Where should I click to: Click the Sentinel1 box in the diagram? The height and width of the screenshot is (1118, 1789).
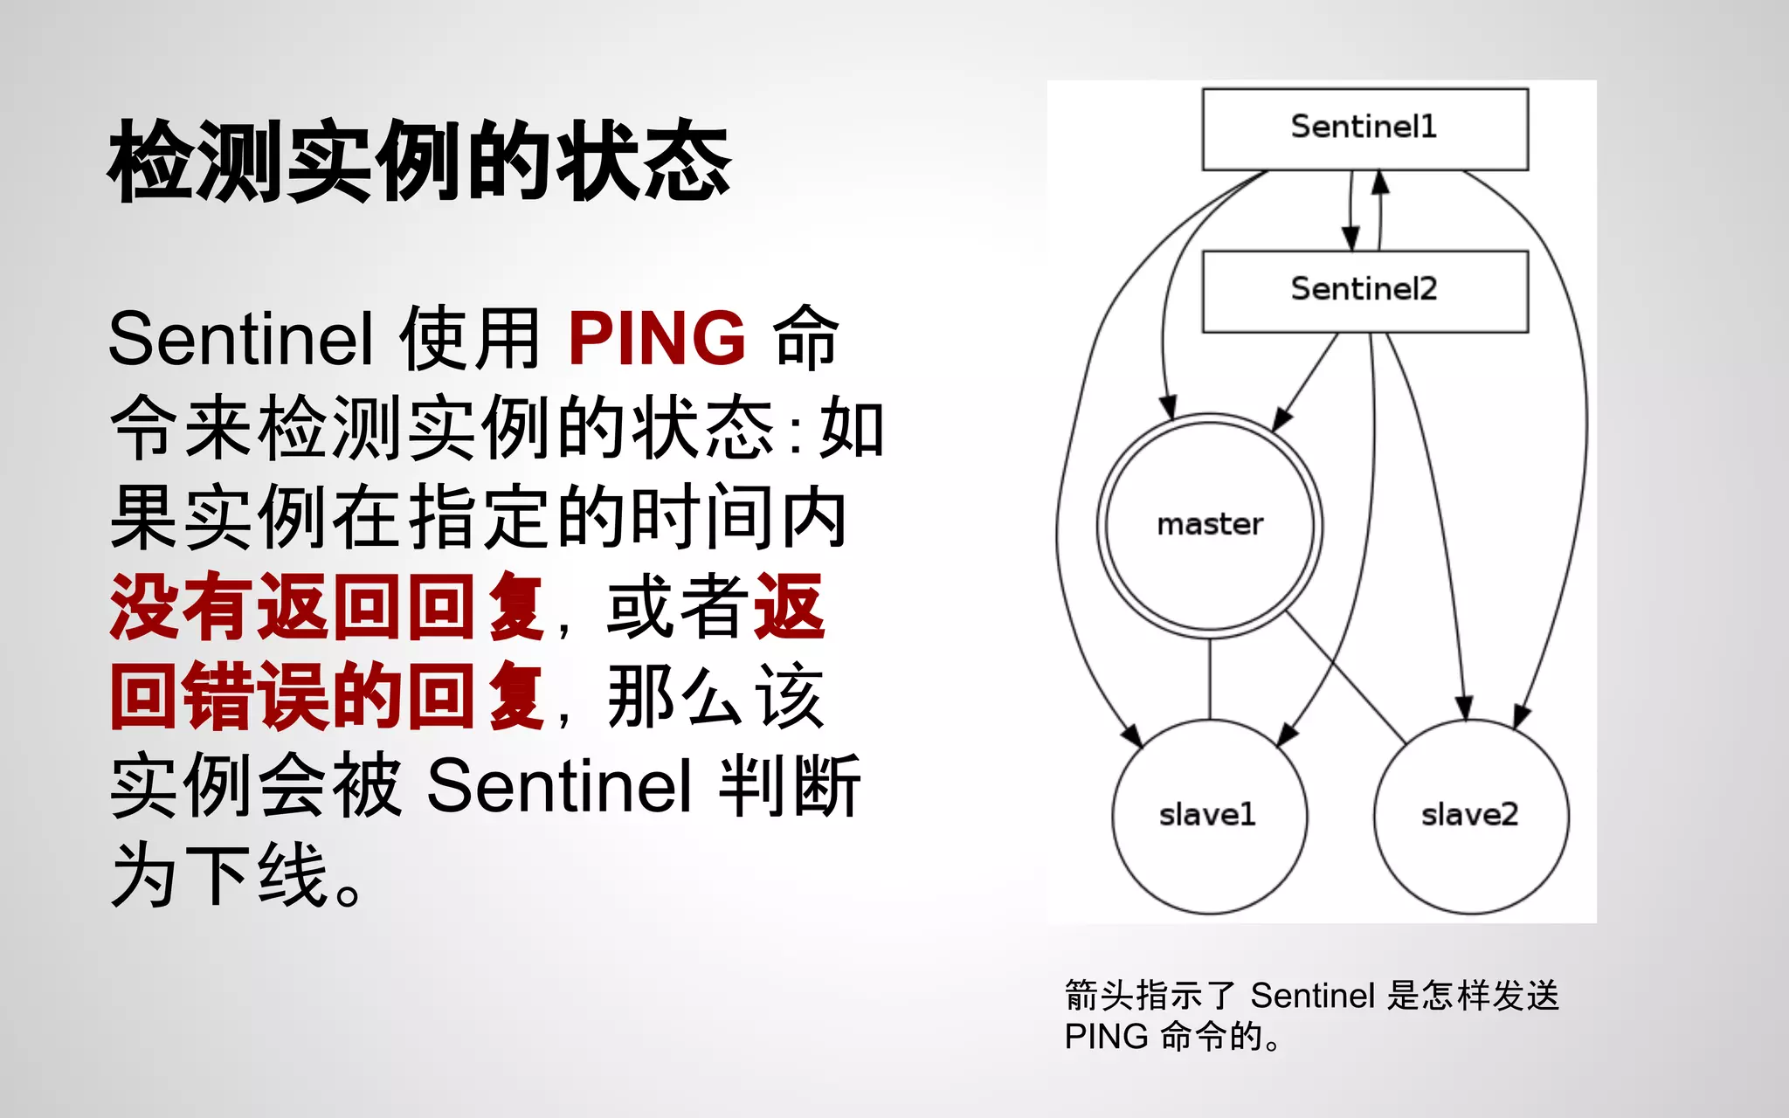[1364, 128]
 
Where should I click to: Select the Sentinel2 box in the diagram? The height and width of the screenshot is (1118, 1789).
[1364, 291]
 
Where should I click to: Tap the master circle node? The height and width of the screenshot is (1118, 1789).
[1210, 525]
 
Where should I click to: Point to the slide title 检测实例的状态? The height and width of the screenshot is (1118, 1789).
[419, 162]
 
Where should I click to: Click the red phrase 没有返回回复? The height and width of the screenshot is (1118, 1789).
[328, 607]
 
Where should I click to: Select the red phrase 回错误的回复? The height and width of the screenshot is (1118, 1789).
[328, 696]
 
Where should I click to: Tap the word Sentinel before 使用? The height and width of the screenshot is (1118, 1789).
[241, 339]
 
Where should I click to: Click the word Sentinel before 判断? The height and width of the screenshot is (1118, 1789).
[559, 785]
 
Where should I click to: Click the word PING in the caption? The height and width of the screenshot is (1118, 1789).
[1106, 1037]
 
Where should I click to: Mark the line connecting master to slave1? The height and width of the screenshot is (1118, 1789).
[1210, 679]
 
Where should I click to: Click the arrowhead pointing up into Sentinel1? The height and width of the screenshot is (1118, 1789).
[1380, 181]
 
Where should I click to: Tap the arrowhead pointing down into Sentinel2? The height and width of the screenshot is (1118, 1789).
[1350, 238]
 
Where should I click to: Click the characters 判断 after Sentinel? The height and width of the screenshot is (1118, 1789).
[789, 785]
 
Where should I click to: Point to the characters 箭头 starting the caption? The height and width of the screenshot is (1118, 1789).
[1099, 996]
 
